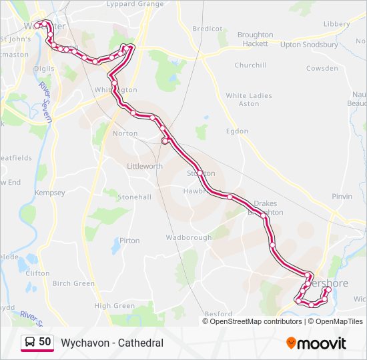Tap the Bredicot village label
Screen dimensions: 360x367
[x=207, y=29]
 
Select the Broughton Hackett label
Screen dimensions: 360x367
[x=255, y=39]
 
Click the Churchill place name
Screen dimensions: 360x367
[x=250, y=65]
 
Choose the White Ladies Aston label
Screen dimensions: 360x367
[x=249, y=99]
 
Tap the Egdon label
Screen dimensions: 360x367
[x=237, y=131]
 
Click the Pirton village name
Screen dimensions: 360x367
[x=129, y=241]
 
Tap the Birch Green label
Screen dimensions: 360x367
[x=73, y=283]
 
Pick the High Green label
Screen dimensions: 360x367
[x=114, y=306]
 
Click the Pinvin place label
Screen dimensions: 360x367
[x=342, y=197]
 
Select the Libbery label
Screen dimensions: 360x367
[x=337, y=24]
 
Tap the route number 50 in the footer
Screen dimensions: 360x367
[x=45, y=342]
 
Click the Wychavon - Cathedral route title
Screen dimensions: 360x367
[x=112, y=343]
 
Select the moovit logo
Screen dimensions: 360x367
[x=316, y=343]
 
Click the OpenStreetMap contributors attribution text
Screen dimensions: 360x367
[x=256, y=321]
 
